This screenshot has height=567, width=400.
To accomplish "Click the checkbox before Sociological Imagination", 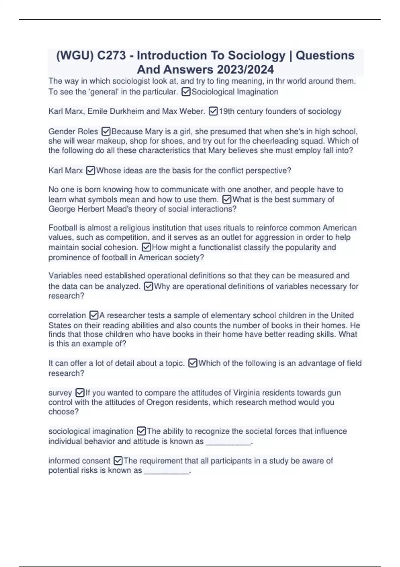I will pos(186,92).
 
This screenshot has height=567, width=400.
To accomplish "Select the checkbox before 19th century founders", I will pos(213,111).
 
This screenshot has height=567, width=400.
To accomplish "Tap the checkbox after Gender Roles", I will pos(106,131).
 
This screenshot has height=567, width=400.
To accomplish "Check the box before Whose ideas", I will pos(90,170).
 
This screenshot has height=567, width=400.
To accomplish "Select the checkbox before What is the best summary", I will pos(227,199).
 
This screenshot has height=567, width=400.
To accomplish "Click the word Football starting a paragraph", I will pos(62,228).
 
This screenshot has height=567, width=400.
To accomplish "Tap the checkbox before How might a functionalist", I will pos(146,247).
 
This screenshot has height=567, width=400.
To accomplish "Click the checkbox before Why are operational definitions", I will pos(148,286).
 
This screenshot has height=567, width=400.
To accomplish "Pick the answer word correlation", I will pos(67,315).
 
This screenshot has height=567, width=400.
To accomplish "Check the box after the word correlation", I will pos(94,315).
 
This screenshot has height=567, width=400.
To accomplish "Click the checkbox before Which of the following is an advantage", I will pos(193,363).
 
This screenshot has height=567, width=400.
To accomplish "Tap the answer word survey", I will pos(60,393).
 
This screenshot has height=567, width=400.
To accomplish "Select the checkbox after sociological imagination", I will pos(141,431).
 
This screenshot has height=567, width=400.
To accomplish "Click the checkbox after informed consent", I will pos(118,461).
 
